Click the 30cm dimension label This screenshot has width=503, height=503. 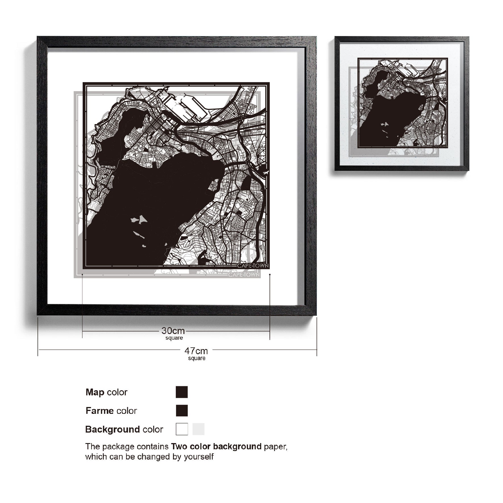(x=173, y=331)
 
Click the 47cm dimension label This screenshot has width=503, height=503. (x=196, y=351)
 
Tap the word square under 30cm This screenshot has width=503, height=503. (x=174, y=338)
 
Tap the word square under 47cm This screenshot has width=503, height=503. (x=197, y=358)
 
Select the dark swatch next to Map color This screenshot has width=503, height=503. (x=182, y=392)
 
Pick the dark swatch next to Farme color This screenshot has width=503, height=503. (x=182, y=411)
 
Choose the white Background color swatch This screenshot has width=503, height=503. (x=182, y=429)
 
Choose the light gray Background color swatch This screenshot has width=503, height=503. (x=198, y=429)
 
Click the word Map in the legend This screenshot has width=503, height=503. (x=95, y=392)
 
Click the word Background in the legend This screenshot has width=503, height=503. (x=112, y=429)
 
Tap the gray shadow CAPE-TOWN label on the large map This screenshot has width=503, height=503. (x=244, y=275)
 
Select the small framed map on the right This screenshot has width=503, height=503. (x=402, y=104)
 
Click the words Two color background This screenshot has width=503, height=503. (x=216, y=446)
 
